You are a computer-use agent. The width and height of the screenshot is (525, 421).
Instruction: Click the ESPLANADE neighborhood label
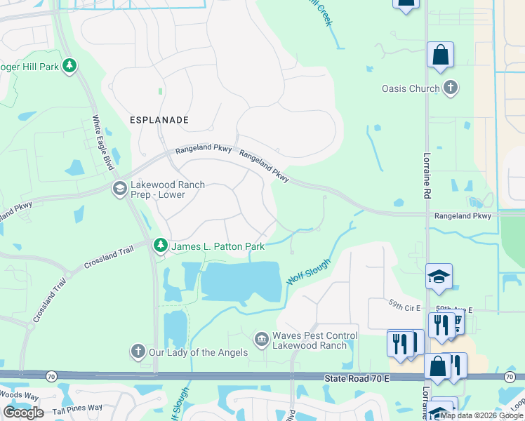pos(159,120)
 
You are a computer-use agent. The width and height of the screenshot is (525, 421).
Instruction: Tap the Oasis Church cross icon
pos(450,88)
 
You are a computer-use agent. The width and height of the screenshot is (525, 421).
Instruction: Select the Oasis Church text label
pos(411,88)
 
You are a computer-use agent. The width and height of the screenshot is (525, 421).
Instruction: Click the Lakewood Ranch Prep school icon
pos(119,188)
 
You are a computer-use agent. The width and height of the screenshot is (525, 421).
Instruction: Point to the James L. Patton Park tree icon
pos(161,245)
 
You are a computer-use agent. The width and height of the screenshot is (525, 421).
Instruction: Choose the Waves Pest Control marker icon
pos(262,340)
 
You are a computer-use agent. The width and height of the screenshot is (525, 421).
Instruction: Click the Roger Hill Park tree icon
pos(69,66)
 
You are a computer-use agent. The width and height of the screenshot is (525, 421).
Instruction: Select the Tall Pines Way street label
pos(77,408)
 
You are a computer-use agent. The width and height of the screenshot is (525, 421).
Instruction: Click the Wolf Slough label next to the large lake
pos(308,270)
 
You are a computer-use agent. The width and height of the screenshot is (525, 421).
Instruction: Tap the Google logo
pos(23,412)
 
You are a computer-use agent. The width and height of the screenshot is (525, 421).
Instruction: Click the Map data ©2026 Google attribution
pos(481,415)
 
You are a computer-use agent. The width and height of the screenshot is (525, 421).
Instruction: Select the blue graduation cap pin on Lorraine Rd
pos(439,276)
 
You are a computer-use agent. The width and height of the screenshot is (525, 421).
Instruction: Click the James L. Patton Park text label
pos(218,246)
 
